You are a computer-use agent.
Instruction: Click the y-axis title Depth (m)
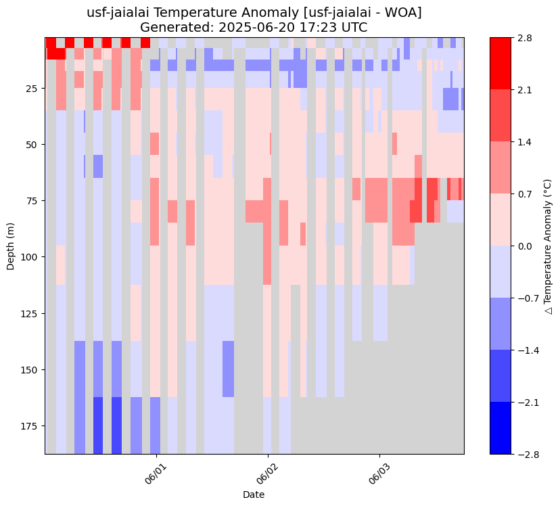[x=11, y=246]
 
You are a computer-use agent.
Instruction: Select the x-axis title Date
[x=254, y=495]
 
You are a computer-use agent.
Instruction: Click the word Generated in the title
[x=170, y=28]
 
